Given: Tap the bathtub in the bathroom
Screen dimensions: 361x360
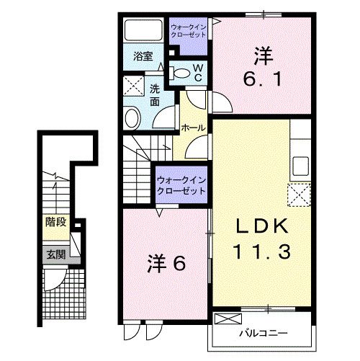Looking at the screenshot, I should (143, 30).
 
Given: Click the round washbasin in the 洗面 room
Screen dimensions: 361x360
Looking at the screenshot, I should (132, 118).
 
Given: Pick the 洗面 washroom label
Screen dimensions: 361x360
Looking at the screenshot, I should (155, 97).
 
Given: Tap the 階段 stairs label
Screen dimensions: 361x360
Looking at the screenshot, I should (55, 222).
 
